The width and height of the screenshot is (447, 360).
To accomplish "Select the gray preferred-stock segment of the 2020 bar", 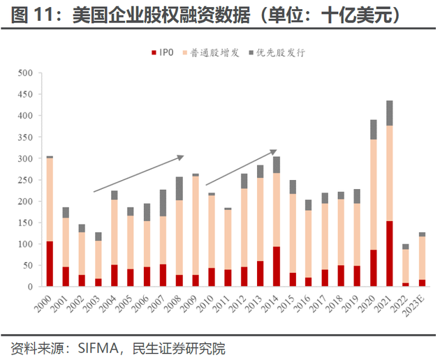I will coord(374,130).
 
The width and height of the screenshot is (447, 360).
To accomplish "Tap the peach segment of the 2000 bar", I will coord(50,200).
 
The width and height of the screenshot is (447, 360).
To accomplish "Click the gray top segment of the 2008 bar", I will coord(179,188).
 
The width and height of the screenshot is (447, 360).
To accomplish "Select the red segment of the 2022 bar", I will coord(406,284).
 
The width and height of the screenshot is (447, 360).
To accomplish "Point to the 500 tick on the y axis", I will coord(24,73).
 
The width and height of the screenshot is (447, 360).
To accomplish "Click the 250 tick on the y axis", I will coord(24,180).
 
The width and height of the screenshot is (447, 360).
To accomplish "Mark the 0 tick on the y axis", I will coord(30,287).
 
